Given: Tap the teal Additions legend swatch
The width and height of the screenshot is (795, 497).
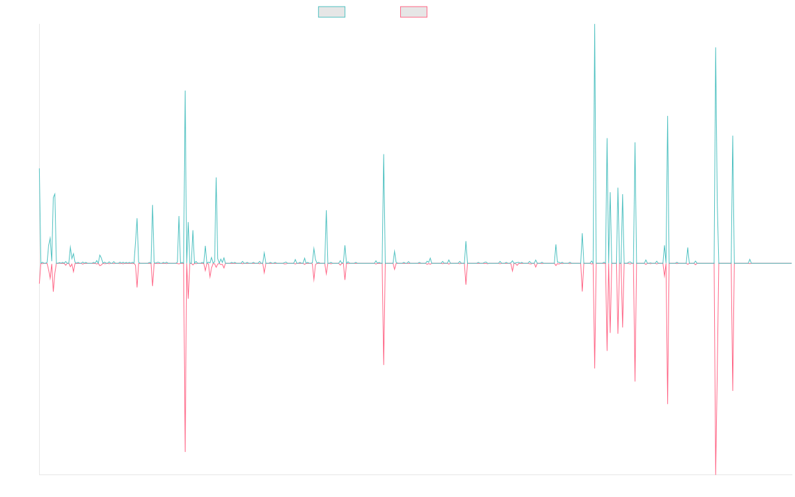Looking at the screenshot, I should tap(333, 12).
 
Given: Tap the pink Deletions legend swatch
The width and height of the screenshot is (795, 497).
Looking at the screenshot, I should tap(414, 12).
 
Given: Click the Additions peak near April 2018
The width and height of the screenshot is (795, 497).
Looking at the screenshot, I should tap(185, 91).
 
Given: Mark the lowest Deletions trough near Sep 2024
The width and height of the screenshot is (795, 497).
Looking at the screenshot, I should tap(716, 473).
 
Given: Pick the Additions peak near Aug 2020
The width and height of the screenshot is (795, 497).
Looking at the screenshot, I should tap(384, 154).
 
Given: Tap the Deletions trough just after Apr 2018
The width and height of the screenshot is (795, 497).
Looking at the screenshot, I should tap(185, 452).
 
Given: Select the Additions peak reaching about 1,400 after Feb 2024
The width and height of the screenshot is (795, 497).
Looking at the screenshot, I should tap(668, 116).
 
